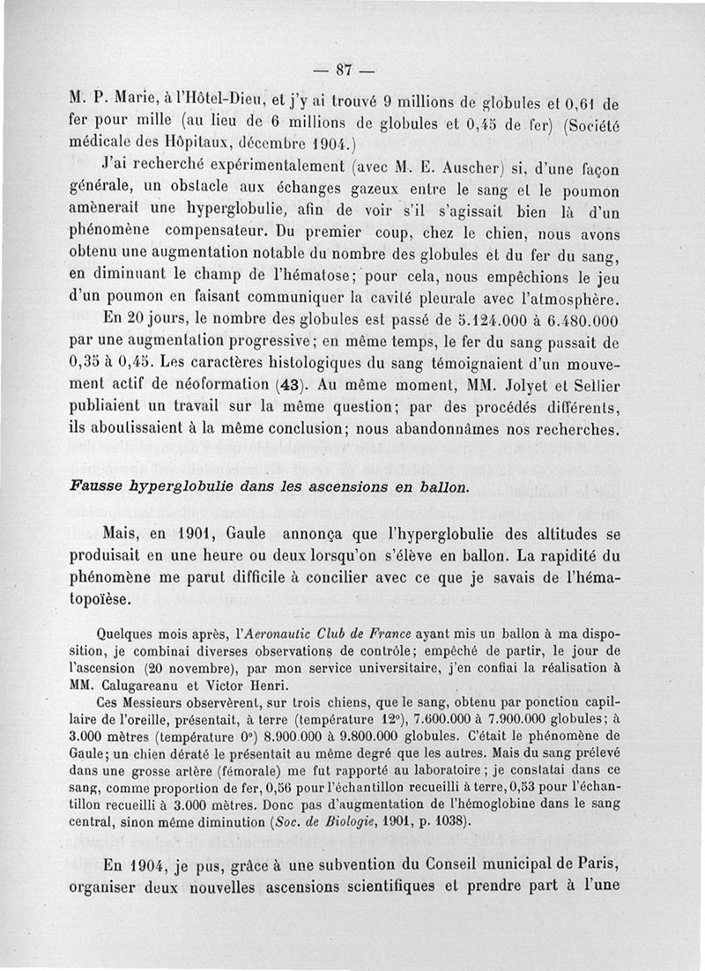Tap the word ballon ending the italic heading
444,487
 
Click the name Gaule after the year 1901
245,535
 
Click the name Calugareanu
144,683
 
